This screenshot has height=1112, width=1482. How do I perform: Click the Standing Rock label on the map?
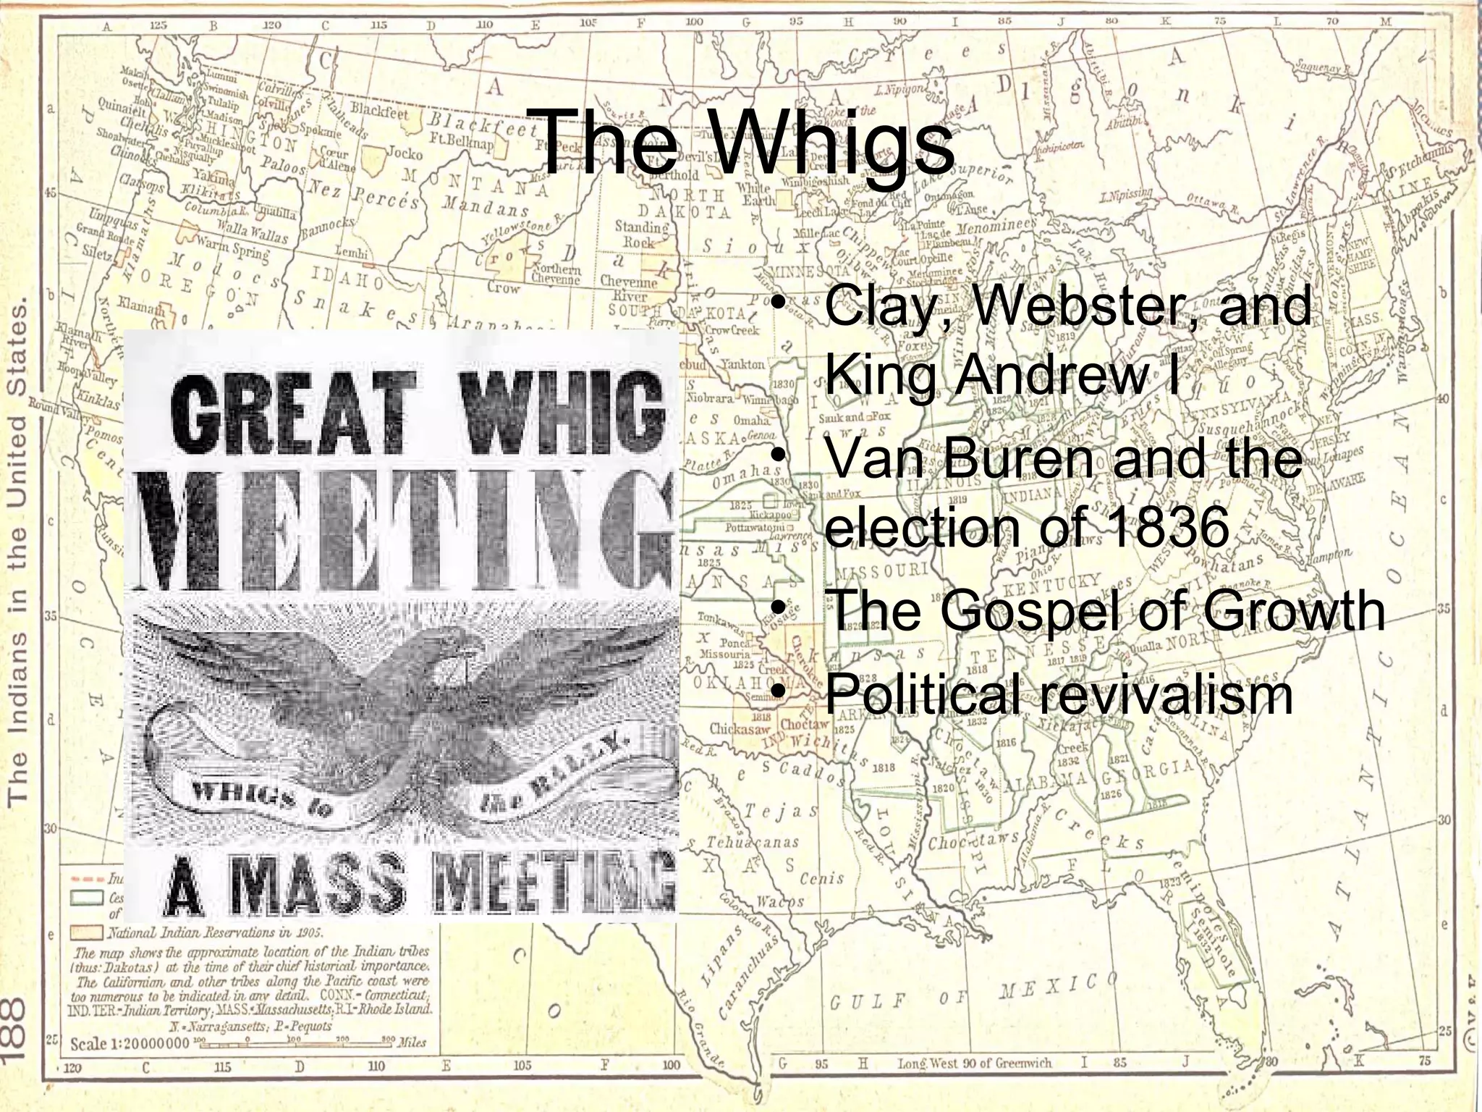click(x=641, y=234)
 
